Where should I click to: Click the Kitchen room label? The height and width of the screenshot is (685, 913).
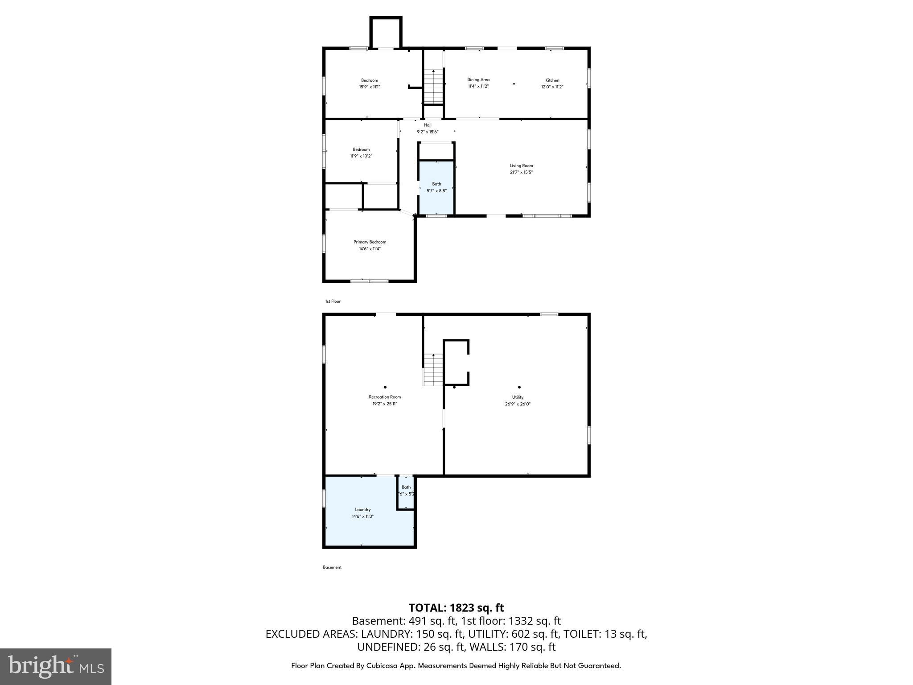(552, 80)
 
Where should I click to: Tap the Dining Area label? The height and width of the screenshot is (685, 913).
(478, 80)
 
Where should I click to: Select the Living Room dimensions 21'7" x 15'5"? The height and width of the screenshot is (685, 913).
(521, 172)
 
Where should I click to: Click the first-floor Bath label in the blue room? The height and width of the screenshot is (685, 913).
(436, 184)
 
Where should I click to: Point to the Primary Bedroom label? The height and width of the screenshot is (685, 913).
(370, 242)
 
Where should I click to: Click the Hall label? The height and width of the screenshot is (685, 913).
(428, 125)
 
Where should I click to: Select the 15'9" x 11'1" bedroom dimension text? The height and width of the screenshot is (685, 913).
(370, 87)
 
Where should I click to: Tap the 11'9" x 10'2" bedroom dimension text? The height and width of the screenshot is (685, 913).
(361, 156)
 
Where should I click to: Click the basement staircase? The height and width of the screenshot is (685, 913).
(433, 370)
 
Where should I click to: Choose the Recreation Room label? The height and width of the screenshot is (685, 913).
(385, 397)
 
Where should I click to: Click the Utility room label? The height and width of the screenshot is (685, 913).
(518, 397)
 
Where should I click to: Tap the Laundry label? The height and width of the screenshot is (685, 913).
(362, 509)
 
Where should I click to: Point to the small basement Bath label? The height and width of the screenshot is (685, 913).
(406, 487)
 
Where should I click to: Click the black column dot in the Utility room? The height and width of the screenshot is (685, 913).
(519, 387)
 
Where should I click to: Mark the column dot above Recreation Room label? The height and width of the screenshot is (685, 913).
(385, 387)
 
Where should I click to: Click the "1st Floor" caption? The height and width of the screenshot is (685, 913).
(333, 301)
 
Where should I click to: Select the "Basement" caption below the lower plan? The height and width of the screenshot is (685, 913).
(332, 567)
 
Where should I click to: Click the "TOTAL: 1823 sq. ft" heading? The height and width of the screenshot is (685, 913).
(456, 608)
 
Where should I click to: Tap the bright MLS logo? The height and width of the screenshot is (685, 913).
(56, 666)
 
